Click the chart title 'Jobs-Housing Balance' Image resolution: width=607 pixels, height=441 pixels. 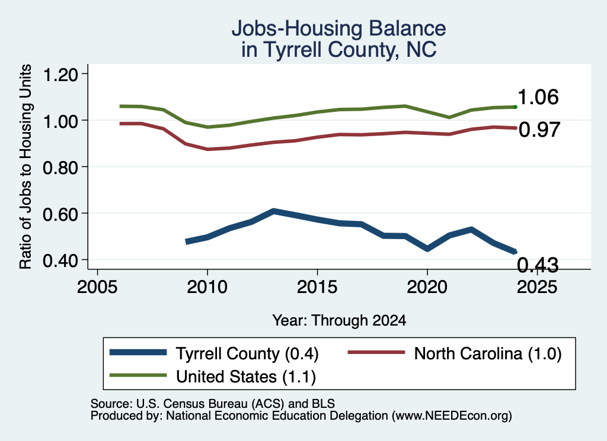tap(338, 28)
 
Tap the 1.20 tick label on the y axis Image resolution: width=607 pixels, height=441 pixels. tap(60, 74)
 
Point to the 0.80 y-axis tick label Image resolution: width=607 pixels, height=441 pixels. tap(60, 168)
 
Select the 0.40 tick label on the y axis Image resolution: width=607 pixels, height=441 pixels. tap(60, 260)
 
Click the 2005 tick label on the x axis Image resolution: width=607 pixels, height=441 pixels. tap(98, 287)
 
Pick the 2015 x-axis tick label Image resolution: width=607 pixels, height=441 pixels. tap(317, 287)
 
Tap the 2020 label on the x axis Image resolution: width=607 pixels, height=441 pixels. tap(427, 287)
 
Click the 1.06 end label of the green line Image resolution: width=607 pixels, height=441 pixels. tap(538, 96)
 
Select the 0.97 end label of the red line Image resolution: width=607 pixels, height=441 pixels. tap(539, 130)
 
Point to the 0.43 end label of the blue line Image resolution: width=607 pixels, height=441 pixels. tap(538, 265)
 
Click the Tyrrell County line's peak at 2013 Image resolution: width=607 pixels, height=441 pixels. tap(273, 211)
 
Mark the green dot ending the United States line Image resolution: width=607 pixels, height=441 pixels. tap(515, 107)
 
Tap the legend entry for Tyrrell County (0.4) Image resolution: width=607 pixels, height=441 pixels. tap(214, 353)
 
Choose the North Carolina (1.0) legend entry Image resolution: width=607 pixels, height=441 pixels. tap(455, 353)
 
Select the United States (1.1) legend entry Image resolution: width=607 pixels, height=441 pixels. tap(213, 376)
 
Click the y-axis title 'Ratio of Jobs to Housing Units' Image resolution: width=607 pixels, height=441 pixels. tap(25, 166)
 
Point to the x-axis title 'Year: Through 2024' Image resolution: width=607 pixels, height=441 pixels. tap(339, 320)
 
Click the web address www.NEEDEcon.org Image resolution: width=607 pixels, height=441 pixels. tap(452, 416)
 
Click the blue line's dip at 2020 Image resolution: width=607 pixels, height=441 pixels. tap(427, 249)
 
